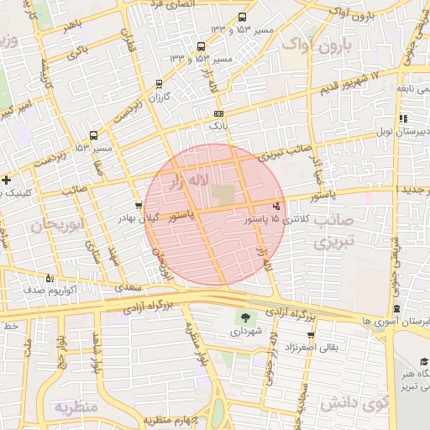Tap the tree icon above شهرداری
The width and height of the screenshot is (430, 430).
pyautogui.click(x=245, y=317)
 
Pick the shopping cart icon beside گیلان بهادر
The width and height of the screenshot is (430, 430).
pyautogui.click(x=139, y=204)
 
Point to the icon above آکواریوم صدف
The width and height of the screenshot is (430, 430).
pyautogui.click(x=50, y=278)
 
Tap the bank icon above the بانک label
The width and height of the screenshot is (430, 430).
pyautogui.click(x=219, y=113)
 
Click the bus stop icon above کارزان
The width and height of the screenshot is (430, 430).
pyautogui.click(x=160, y=84)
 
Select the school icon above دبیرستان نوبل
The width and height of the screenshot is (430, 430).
pyautogui.click(x=403, y=118)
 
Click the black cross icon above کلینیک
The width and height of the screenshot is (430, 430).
pyautogui.click(x=7, y=180)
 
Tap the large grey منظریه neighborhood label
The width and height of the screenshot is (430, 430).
pyautogui.click(x=76, y=407)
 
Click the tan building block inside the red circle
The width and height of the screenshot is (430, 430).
pyautogui.click(x=223, y=194)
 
